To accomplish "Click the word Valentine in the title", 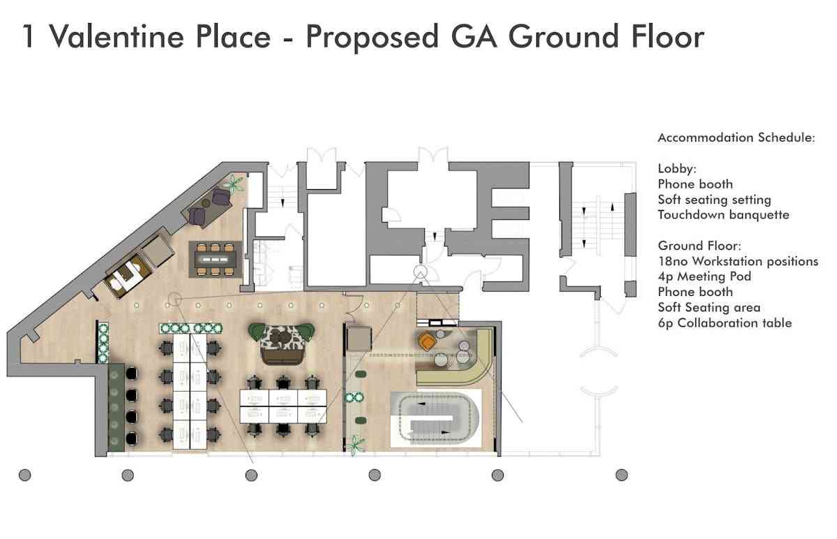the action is click(116, 36).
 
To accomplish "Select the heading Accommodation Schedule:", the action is click(736, 138).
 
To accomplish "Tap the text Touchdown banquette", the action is click(723, 215).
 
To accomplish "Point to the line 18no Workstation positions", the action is click(738, 261).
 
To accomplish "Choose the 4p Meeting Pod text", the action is click(704, 276).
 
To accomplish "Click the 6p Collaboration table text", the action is click(725, 323).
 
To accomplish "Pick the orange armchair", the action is click(427, 341).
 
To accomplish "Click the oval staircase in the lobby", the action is click(436, 418).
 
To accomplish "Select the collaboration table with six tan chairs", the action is click(216, 259).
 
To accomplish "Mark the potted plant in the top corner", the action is click(234, 184).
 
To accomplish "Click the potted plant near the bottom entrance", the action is click(354, 445).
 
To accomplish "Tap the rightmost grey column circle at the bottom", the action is click(621, 475).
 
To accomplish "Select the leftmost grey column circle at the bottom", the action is click(24, 475).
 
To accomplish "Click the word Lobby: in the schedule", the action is click(677, 169).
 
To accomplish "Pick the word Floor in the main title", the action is click(668, 36).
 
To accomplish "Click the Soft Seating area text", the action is click(709, 307).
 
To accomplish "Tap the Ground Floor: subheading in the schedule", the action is click(700, 246).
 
